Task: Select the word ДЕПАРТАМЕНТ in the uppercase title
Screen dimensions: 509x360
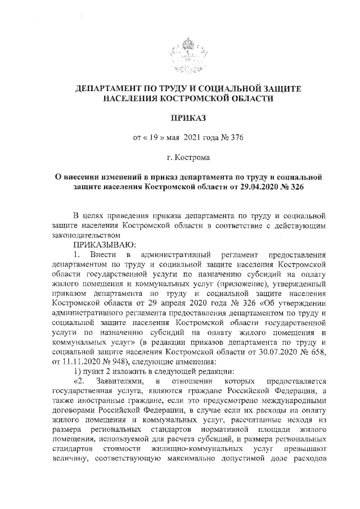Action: point(107,89)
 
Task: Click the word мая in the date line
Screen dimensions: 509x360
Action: point(159,137)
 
